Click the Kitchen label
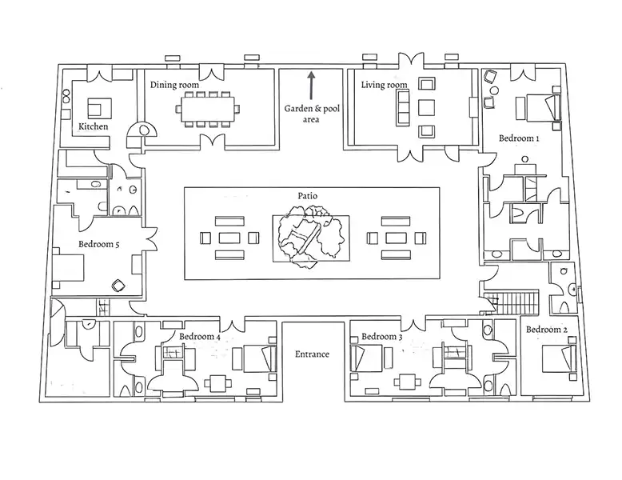93,126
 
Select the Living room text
384,85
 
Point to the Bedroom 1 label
519,138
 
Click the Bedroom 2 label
548,330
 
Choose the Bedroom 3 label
381,336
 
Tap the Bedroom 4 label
200,336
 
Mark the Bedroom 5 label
98,244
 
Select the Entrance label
312,354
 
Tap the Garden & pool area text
311,114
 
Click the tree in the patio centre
310,234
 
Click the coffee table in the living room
425,107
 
